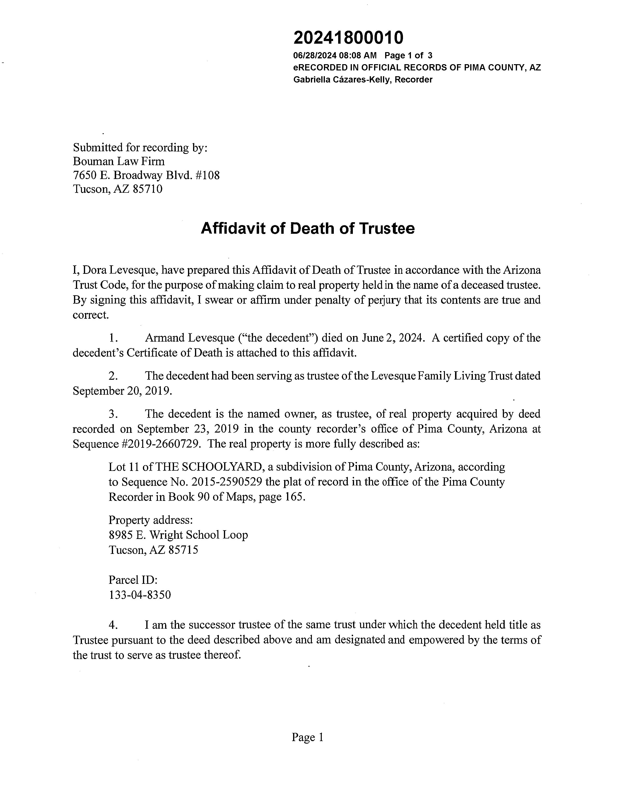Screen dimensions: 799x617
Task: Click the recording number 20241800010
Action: pyautogui.click(x=348, y=38)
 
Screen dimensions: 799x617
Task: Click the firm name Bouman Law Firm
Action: pyautogui.click(x=119, y=161)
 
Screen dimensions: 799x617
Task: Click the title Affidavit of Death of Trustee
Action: pyautogui.click(x=308, y=229)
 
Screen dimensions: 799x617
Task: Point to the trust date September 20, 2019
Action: pyautogui.click(x=122, y=391)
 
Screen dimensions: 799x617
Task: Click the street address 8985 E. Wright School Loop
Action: pyautogui.click(x=178, y=535)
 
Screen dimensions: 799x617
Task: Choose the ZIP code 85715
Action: pyautogui.click(x=183, y=550)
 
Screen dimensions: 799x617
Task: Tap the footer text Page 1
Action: pyautogui.click(x=307, y=737)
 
